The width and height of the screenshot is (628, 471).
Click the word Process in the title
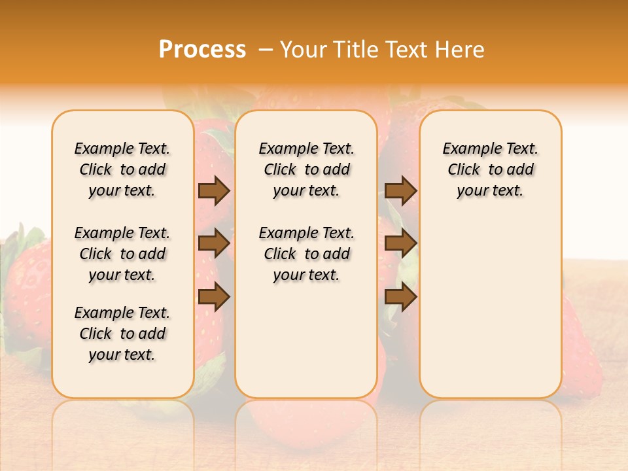pos(202,50)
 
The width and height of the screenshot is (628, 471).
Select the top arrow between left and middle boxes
pos(214,190)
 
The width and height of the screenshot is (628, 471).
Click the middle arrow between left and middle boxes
pos(214,243)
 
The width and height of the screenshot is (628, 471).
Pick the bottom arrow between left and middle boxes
pos(214,297)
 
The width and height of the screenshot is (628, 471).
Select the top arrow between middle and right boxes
pos(400,190)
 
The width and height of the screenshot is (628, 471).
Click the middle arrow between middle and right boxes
pos(400,243)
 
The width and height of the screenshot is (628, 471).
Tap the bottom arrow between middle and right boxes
pos(400,297)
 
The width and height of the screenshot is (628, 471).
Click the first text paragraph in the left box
pos(122,169)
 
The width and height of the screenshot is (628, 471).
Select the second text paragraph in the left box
pos(122,254)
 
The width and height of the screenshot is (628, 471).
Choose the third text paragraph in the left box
pos(122,334)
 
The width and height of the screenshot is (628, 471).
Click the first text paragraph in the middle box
pos(307,169)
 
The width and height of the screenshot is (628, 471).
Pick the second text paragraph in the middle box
pos(307,254)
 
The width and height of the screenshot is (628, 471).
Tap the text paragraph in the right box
pos(491,169)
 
